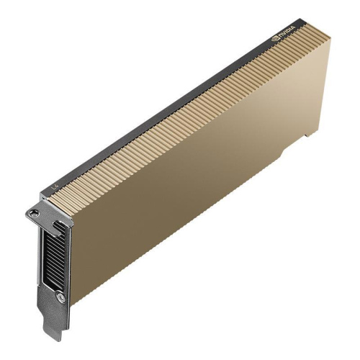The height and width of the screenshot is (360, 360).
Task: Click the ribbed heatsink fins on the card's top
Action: (187, 108)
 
